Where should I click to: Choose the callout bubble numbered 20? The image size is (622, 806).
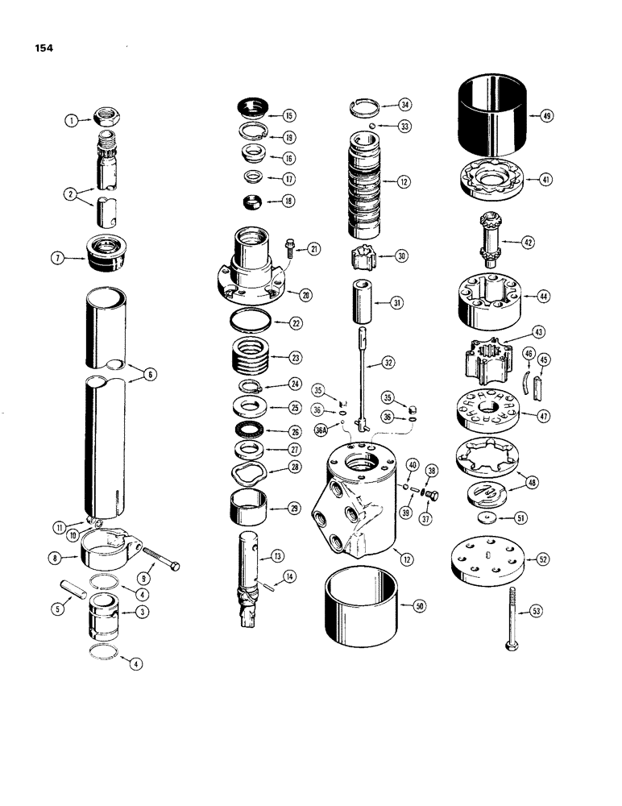pyautogui.click(x=306, y=295)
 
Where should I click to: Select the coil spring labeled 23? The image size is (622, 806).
pyautogui.click(x=256, y=355)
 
